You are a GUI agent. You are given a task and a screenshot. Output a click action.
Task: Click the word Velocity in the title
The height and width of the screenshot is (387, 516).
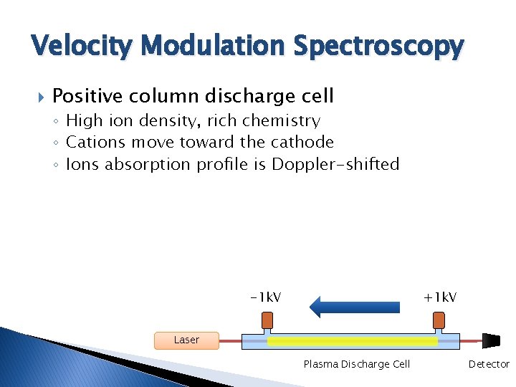pos(79,47)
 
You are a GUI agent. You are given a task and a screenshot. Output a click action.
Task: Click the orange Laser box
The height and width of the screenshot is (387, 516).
pos(186,340)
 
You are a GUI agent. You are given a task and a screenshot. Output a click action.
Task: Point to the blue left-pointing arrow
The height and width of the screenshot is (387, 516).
pos(354,307)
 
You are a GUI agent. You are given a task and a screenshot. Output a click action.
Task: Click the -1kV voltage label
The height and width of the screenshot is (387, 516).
pos(265,297)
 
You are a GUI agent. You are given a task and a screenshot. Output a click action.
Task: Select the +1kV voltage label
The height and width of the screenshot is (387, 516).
pos(440,297)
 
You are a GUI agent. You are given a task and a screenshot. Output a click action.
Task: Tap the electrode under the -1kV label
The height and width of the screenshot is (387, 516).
pos(267,319)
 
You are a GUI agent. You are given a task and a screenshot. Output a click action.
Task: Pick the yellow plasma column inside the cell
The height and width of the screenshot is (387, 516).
pos(352,342)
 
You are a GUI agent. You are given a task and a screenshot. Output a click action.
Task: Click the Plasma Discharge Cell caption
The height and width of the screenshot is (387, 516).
pos(356,364)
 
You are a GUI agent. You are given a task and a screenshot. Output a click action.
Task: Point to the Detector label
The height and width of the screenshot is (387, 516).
pos(489,364)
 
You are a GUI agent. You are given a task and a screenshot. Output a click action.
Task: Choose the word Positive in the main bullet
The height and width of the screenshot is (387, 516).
pos(88,96)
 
